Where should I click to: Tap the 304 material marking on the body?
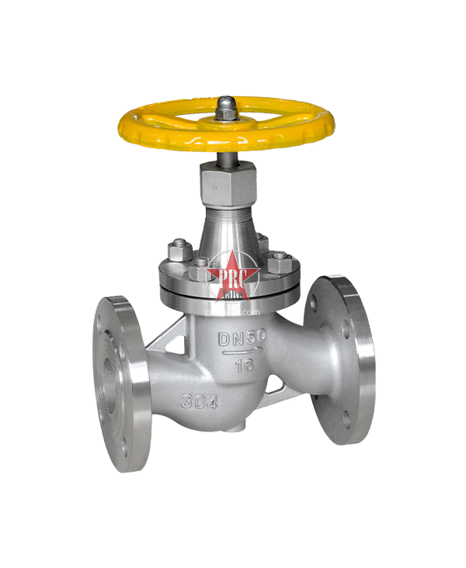point(197,401)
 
